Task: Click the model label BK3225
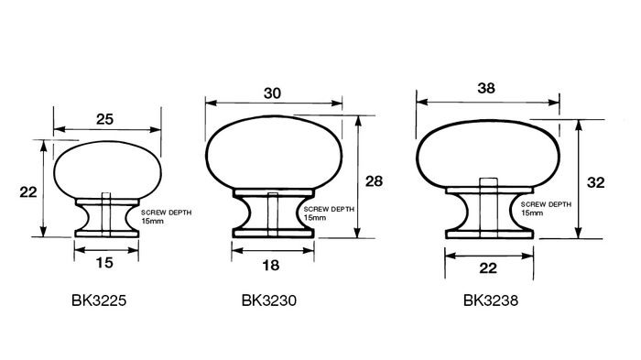tap(99, 300)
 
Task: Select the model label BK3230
tap(269, 300)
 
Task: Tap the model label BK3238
tap(491, 300)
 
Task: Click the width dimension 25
tap(104, 119)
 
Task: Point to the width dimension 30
tap(272, 93)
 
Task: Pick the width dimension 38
tap(486, 88)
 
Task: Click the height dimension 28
tap(374, 181)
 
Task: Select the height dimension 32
tap(595, 182)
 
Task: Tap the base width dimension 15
tap(104, 263)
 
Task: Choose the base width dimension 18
tap(271, 266)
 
